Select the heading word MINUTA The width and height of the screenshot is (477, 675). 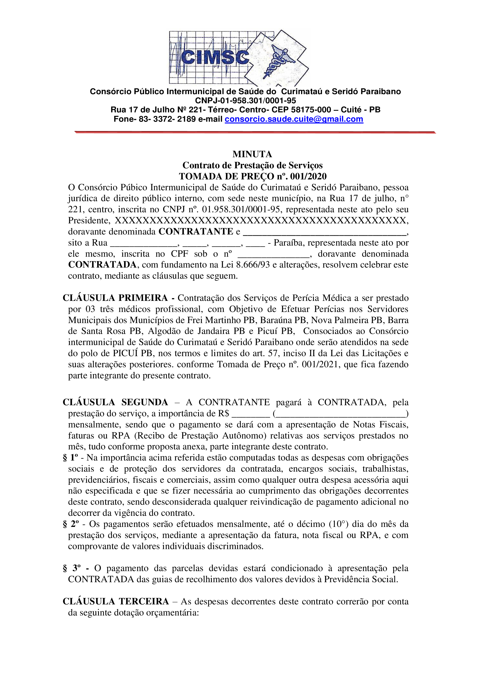[252, 154]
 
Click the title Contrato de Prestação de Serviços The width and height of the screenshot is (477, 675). [252, 165]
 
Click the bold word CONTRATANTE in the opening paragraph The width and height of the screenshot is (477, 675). [196, 232]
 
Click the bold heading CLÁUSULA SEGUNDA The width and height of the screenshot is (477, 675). [115, 402]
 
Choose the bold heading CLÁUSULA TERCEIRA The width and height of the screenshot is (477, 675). [116, 602]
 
